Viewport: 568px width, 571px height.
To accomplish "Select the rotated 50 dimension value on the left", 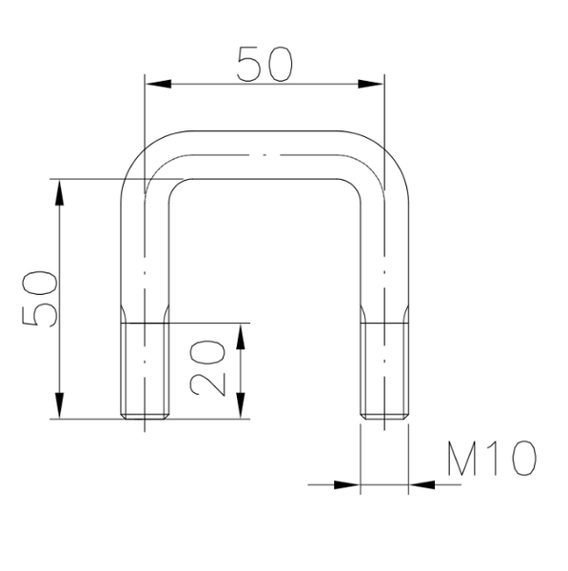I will click(x=40, y=297).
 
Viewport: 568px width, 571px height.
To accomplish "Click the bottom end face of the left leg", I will click(x=145, y=418).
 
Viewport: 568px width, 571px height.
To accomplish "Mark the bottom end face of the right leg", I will click(x=385, y=418).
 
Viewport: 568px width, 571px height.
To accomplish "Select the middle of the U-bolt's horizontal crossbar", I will click(x=265, y=155).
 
